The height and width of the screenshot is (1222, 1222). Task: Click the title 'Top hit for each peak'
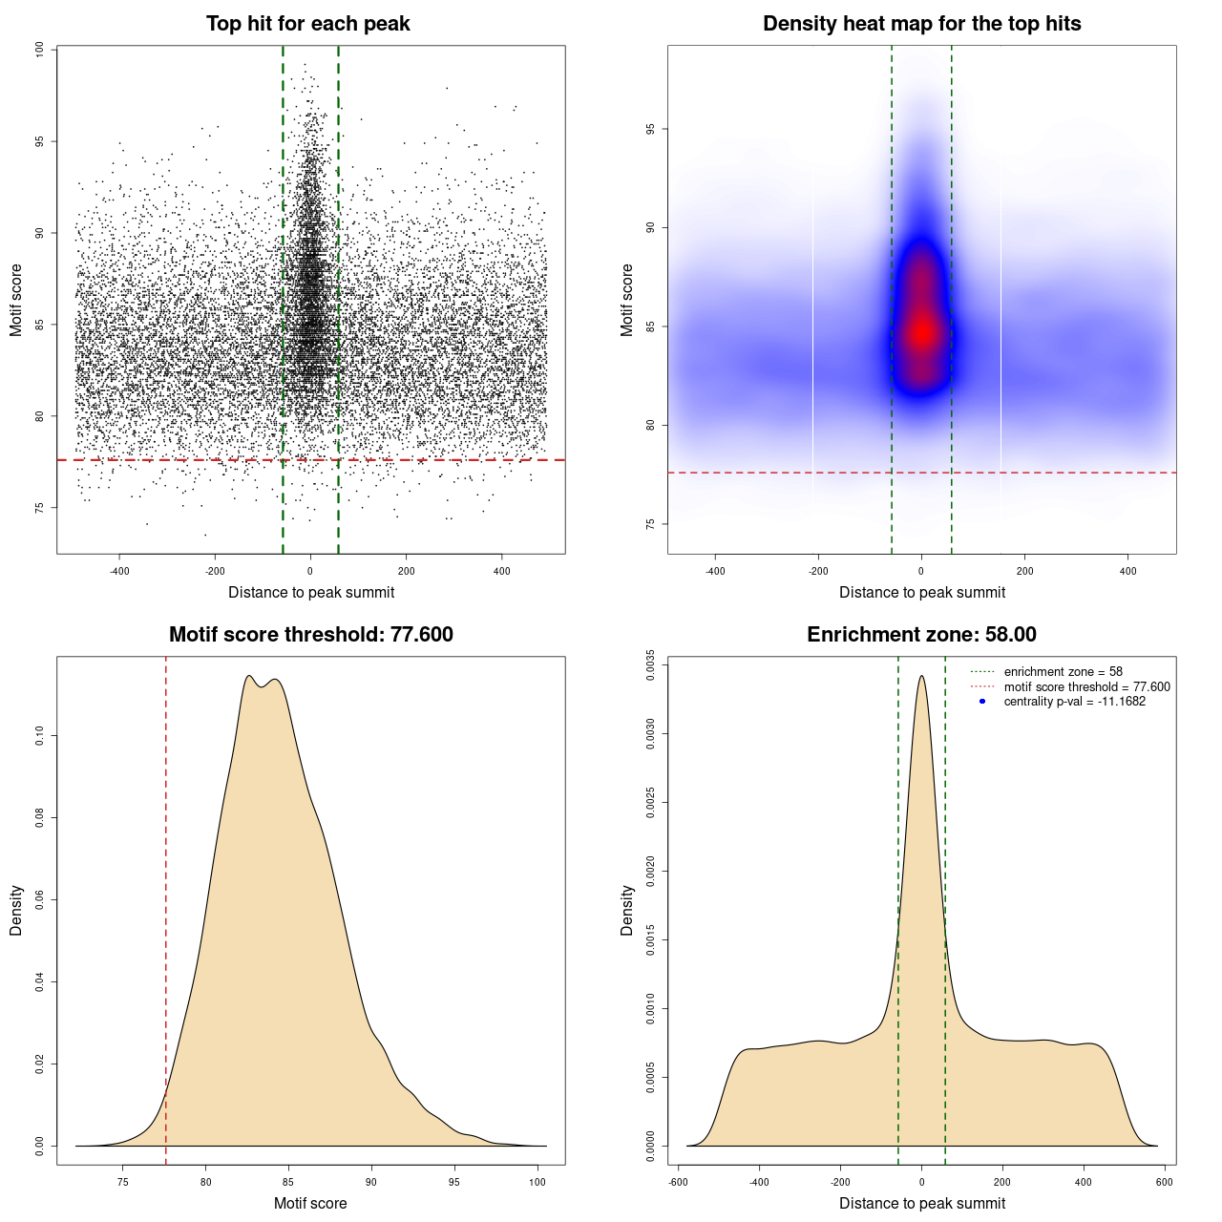(x=307, y=24)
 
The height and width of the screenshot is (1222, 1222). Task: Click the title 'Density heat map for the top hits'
(x=921, y=24)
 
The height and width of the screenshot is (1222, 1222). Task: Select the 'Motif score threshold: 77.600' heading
(x=310, y=635)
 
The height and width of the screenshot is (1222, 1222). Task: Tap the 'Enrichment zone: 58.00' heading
(x=921, y=635)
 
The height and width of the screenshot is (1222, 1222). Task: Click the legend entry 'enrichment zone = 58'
(x=1063, y=672)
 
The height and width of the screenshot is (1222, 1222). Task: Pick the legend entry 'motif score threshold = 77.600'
(x=1086, y=686)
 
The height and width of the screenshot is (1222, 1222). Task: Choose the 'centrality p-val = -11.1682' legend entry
(x=1074, y=702)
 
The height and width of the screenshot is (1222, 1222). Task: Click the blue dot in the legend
(x=982, y=702)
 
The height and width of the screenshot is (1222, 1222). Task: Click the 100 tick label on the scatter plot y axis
(x=39, y=50)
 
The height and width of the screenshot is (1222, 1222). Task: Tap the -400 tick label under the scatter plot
(x=119, y=572)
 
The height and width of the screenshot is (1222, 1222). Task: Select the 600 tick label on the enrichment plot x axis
(x=1164, y=1183)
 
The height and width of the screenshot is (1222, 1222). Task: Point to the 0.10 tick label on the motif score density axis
(x=39, y=736)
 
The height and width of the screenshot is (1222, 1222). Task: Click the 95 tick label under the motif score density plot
(x=454, y=1183)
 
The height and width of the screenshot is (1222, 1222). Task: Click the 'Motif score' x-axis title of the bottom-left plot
(x=310, y=1203)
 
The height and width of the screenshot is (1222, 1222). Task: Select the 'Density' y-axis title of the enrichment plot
(x=627, y=910)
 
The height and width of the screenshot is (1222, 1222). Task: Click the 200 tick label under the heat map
(x=1024, y=572)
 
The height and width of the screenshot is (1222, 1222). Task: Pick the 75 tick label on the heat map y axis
(x=650, y=524)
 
